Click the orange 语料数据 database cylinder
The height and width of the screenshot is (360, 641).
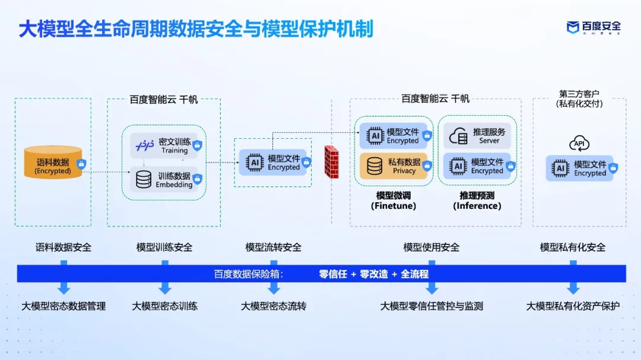52,162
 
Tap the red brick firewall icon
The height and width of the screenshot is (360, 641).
331,161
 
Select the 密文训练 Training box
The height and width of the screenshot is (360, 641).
165,146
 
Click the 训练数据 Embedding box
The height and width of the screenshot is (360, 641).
165,180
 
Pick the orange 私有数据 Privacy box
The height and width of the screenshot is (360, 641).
393,166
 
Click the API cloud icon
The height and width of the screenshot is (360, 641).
579,144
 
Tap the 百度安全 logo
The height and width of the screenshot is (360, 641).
594,27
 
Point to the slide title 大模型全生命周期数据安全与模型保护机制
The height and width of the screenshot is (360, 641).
196,28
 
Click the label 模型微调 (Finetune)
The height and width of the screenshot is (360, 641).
394,200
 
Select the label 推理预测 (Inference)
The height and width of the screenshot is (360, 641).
477,200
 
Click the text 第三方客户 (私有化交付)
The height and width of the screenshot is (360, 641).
579,98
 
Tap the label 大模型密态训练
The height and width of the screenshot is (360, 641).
164,307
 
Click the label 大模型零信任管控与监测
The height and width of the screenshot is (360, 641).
431,307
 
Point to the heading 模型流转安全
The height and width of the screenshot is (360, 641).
273,247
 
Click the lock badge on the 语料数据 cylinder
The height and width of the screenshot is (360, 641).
81,164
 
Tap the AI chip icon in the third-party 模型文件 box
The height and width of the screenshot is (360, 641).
560,168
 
